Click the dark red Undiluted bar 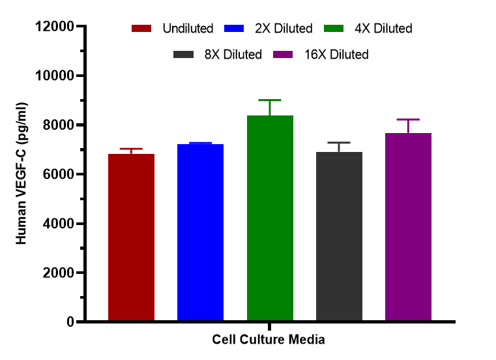point(131,237)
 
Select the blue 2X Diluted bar point(200,233)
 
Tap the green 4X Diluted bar point(269,218)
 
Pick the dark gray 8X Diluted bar point(339,236)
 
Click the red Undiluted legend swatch point(141,29)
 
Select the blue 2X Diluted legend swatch point(233,29)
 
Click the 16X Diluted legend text point(336,54)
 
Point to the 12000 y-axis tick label point(54,27)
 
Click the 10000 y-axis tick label point(54,76)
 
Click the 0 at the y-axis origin point(70,322)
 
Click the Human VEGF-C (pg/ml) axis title point(22,174)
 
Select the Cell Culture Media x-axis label point(269,340)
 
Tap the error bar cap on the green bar point(269,100)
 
